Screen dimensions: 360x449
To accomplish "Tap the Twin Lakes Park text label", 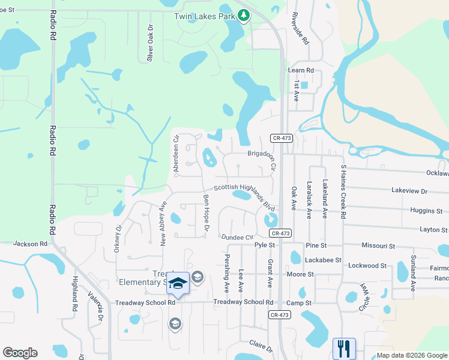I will tap(204, 16).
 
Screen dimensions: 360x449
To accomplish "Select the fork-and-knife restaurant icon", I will tap(344, 348).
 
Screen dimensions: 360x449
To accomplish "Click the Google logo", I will tap(20, 353).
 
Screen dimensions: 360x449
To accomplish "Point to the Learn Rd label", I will tap(301, 70).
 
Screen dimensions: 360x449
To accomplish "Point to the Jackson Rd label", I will tap(30, 244).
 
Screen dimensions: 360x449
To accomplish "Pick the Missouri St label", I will tap(378, 246).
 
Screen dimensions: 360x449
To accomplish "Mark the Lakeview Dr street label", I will tap(409, 191).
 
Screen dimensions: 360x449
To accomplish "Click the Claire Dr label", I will tap(261, 346).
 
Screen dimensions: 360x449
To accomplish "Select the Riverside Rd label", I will tap(300, 29).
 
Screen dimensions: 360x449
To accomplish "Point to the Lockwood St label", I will tap(367, 265).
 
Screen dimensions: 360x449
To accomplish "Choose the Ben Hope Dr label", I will tap(206, 212).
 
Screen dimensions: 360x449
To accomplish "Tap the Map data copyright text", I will tap(411, 355).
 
